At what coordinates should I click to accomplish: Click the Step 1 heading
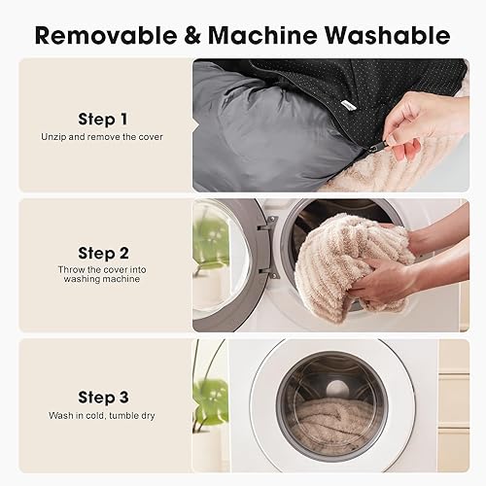tap(103, 120)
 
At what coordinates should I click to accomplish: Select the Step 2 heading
tap(103, 253)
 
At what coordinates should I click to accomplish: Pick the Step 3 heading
tap(103, 397)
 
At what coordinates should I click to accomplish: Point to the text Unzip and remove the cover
tap(103, 137)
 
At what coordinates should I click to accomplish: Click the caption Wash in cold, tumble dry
tap(103, 415)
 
